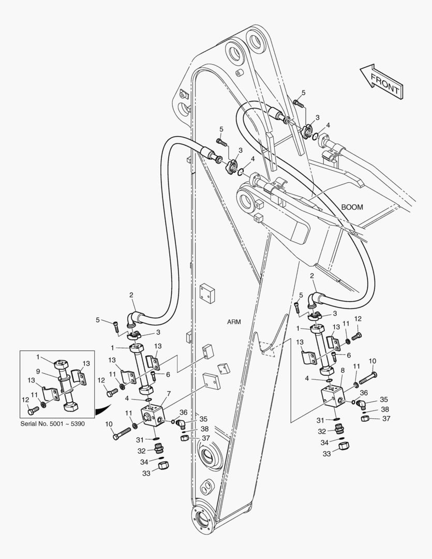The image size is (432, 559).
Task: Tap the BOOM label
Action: (352, 207)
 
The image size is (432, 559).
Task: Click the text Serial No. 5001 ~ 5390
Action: (53, 424)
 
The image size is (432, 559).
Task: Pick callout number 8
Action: (342, 371)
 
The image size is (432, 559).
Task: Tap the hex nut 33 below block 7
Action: (161, 466)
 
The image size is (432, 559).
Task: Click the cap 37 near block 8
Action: (365, 419)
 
